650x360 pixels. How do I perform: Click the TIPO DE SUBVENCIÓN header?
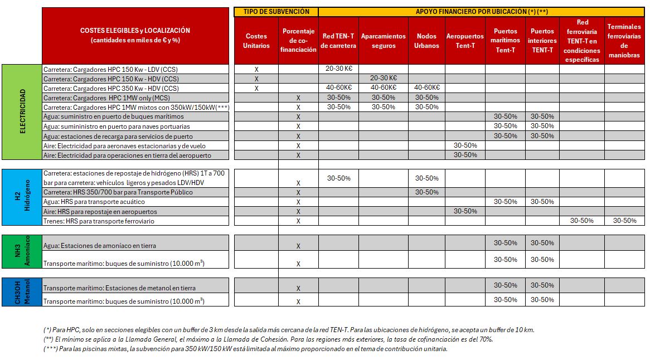[276, 12]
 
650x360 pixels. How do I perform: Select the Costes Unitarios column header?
[256, 41]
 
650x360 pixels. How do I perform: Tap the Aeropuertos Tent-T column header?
[465, 41]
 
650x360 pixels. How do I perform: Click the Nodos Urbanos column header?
[426, 41]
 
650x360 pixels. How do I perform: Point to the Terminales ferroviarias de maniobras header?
[624, 41]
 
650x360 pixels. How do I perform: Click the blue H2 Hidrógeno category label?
[22, 197]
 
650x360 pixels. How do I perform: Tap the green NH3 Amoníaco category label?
[22, 251]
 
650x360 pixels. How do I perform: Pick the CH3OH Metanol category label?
[22, 291]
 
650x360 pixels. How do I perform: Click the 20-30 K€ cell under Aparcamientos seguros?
[384, 78]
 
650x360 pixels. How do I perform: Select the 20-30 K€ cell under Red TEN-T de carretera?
[339, 69]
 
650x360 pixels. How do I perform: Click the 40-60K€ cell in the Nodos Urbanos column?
[426, 87]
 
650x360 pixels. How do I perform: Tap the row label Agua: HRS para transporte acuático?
[94, 202]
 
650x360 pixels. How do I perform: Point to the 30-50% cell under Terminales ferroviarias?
[624, 221]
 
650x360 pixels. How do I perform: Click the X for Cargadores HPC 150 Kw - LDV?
[256, 70]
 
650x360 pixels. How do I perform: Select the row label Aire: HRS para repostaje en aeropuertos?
[100, 212]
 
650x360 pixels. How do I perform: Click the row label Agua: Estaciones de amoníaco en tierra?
[100, 245]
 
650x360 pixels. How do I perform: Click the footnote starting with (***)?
[245, 349]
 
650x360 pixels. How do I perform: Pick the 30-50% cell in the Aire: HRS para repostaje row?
[465, 211]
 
